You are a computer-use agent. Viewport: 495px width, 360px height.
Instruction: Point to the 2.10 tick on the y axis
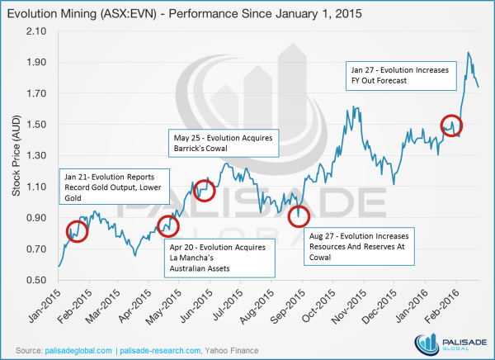tap(38, 31)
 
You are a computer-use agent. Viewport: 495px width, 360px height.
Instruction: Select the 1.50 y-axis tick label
tap(38, 125)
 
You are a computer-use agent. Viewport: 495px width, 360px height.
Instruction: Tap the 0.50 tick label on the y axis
tap(38, 281)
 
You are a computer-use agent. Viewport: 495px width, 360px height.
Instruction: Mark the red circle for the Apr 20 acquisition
tap(167, 225)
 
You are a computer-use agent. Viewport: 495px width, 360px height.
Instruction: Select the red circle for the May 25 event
tap(204, 191)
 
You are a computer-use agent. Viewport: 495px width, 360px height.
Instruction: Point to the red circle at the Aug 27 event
tap(299, 216)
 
